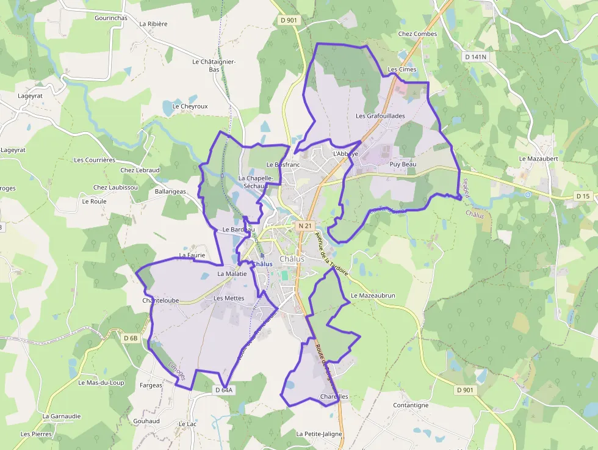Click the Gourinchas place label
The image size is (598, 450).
pyautogui.click(x=111, y=18)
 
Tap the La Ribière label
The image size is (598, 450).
pyautogui.click(x=153, y=24)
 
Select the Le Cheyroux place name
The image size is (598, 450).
pyautogui.click(x=190, y=106)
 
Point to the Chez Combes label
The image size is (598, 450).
pyautogui.click(x=417, y=34)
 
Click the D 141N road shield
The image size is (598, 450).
pyautogui.click(x=475, y=57)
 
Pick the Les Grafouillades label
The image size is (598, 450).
pyautogui.click(x=380, y=116)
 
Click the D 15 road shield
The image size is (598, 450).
pyautogui.click(x=583, y=196)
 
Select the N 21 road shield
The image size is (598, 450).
pyautogui.click(x=305, y=226)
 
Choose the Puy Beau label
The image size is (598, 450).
pyautogui.click(x=402, y=165)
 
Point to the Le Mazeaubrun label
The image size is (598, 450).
pyautogui.click(x=373, y=296)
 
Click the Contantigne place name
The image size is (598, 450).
pyautogui.click(x=411, y=405)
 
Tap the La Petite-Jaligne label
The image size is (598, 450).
pyautogui.click(x=319, y=434)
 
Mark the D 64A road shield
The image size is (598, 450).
pyautogui.click(x=224, y=390)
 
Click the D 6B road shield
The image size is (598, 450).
pyautogui.click(x=131, y=338)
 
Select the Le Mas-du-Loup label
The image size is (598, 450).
pyautogui.click(x=101, y=383)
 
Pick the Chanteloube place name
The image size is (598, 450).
pyautogui.click(x=160, y=300)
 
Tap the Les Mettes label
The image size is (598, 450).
pyautogui.click(x=229, y=299)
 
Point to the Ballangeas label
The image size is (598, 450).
pyautogui.click(x=170, y=192)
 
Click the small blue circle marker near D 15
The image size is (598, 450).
pyautogui.click(x=528, y=195)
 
